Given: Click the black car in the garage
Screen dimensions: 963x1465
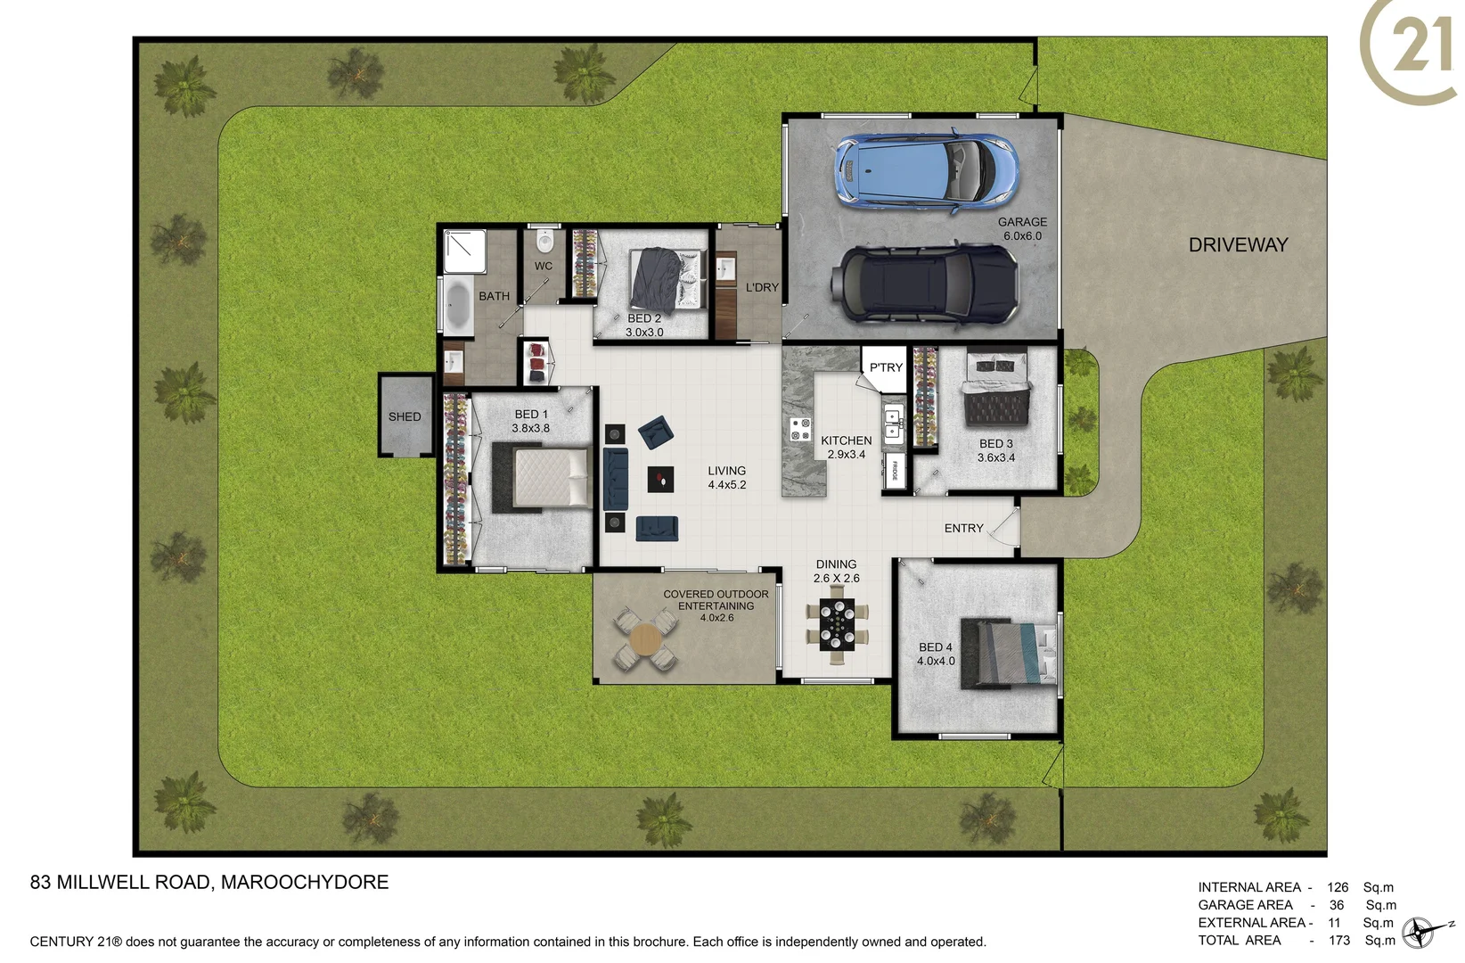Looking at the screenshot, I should [x=924, y=283].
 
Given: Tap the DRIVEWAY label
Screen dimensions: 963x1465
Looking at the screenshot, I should [x=1238, y=245].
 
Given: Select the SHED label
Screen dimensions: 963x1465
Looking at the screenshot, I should [x=405, y=416].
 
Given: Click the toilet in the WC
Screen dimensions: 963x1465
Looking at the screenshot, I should [x=545, y=242].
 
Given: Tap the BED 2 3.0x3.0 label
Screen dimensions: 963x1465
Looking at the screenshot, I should [x=644, y=325].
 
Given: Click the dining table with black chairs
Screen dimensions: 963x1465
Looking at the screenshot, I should [x=837, y=625].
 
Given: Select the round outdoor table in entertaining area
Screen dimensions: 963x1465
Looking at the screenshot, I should [x=644, y=639].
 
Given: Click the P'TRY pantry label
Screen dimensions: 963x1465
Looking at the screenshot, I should [x=886, y=367].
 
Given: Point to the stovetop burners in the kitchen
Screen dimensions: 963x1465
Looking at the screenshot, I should [x=800, y=430].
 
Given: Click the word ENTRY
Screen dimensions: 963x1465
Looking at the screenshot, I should [x=963, y=529].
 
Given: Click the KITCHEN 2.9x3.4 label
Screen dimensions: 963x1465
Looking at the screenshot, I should [x=846, y=448].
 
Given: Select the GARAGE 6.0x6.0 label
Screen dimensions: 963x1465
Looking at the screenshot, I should [x=1022, y=229].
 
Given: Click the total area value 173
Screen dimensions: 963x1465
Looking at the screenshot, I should [x=1338, y=940].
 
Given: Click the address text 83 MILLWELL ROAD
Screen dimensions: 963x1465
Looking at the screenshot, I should [x=121, y=882].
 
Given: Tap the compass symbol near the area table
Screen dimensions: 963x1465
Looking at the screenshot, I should [x=1420, y=933].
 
